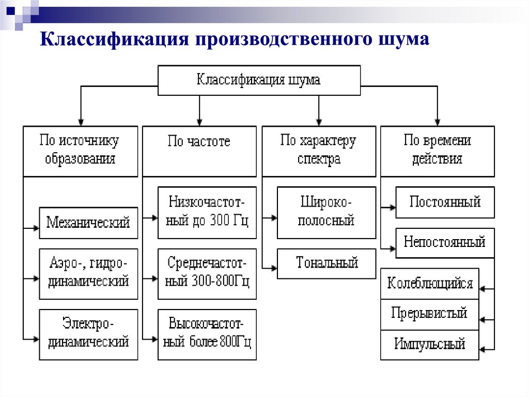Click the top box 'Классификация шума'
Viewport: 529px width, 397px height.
tap(259, 80)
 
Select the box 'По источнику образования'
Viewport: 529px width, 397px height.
tap(81, 151)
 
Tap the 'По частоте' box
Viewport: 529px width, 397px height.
tap(199, 151)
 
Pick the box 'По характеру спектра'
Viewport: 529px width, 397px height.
tap(319, 151)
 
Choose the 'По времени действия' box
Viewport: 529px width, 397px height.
tap(437, 151)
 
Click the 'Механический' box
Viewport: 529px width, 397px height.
tap(88, 223)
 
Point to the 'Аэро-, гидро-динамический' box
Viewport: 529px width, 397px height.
tap(88, 274)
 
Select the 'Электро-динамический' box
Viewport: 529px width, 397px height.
tap(88, 334)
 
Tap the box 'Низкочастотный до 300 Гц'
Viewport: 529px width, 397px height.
tap(207, 212)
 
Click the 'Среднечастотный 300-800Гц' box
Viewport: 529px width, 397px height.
tap(207, 273)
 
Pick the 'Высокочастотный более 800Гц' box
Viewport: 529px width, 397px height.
tap(207, 334)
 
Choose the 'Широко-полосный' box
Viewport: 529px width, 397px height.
tap(326, 212)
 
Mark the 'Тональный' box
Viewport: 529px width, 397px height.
tap(326, 263)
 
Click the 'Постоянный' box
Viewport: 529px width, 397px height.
tap(445, 202)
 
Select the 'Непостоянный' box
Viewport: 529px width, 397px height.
tap(445, 243)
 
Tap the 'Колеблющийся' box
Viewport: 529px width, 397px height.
tap(430, 284)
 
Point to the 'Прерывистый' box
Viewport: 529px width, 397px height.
tap(430, 314)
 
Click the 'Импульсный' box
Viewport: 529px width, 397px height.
tap(430, 345)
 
